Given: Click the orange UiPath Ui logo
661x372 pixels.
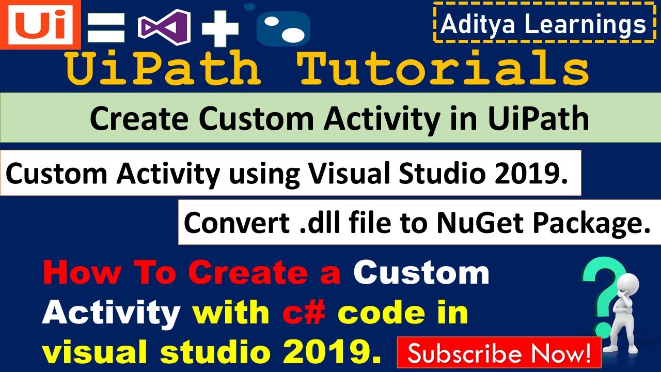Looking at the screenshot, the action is tap(40, 24).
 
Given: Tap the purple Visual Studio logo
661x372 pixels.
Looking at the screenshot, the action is tap(164, 27).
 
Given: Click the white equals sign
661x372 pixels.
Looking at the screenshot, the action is tap(106, 28).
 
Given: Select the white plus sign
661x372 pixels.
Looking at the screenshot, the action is tap(220, 28).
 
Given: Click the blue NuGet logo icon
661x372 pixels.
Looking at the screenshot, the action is tap(282, 27).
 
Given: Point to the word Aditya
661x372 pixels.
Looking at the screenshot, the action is tap(477, 24).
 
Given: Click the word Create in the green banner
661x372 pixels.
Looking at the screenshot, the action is tap(139, 118).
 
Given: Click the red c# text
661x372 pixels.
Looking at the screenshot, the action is tap(304, 313).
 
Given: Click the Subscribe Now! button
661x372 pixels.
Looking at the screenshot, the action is tap(499, 353).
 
